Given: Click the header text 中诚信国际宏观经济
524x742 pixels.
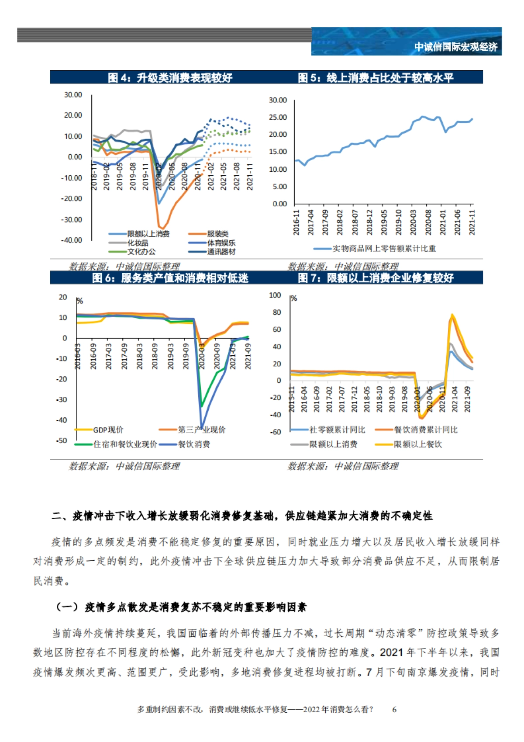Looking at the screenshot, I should click(455, 47).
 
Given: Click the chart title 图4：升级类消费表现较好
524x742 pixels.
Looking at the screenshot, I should click(170, 78).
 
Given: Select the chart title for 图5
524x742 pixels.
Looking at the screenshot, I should click(376, 78).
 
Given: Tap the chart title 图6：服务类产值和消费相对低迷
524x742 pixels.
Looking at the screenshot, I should click(170, 278).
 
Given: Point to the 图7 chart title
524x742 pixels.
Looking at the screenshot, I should click(376, 278).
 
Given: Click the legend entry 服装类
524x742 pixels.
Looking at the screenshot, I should click(217, 234).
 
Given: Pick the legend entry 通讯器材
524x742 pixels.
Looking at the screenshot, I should click(221, 252).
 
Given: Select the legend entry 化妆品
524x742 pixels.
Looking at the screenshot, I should click(138, 243).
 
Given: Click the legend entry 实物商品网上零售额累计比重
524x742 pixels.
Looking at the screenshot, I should click(384, 249).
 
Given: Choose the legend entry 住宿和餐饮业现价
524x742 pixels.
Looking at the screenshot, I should click(125, 444).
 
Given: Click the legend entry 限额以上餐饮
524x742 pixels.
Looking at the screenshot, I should click(418, 444).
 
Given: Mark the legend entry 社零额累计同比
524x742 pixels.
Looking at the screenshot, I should click(337, 430).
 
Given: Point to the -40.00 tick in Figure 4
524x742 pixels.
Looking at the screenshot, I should click(72, 240).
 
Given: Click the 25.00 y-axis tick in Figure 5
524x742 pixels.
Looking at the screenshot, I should click(278, 118).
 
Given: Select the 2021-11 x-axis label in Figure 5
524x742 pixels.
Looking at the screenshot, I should click(472, 222).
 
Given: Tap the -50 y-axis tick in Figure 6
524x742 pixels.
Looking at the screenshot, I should click(62, 441).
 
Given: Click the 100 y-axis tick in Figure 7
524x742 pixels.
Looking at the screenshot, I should click(275, 295).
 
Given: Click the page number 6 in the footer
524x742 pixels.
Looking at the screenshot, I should click(394, 710).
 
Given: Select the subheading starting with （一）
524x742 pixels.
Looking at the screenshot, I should click(181, 607).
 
